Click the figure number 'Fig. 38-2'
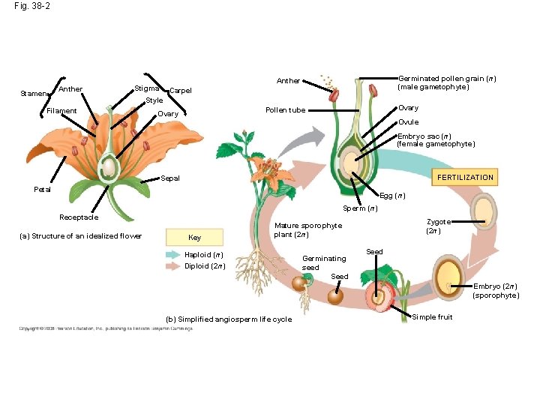coord(32,6)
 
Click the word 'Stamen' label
coord(33,94)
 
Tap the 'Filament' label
coord(61,111)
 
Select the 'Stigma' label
coord(146,89)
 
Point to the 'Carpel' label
coord(181,91)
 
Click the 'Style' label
coord(154,100)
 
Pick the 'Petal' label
coord(43,189)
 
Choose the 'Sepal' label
coord(170,178)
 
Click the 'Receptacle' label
coord(79,217)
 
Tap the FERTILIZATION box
coord(466,178)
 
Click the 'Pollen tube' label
coord(286,110)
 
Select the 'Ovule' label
coord(408,122)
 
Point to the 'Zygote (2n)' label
coord(438,226)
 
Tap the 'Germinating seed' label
coord(324,262)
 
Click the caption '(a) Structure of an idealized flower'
coord(80,236)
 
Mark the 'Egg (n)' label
coord(392,196)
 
